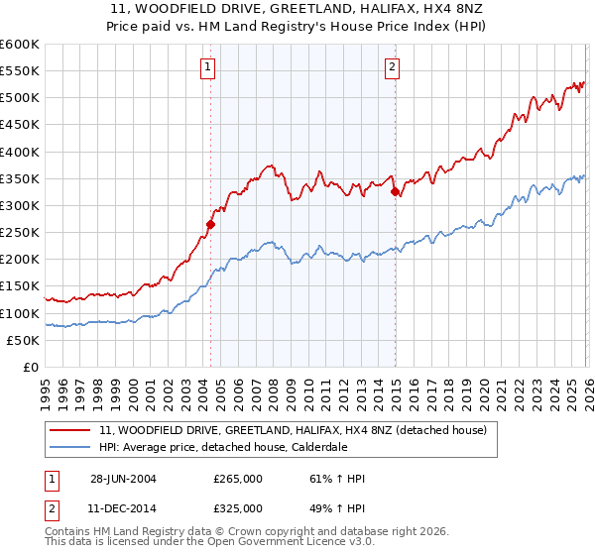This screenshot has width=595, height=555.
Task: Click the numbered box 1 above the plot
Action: [208, 67]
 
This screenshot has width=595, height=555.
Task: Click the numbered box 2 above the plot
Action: [393, 67]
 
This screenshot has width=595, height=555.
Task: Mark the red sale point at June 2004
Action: [210, 225]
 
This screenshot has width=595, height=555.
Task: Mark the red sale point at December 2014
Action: [395, 192]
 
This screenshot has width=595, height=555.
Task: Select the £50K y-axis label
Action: [24, 340]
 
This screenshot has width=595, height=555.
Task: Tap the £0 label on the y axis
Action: [30, 367]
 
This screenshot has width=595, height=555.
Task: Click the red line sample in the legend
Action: [69, 431]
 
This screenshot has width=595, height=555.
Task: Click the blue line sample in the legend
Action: [69, 447]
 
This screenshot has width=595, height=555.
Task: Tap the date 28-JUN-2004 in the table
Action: [122, 479]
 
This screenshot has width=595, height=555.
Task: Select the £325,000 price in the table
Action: [238, 507]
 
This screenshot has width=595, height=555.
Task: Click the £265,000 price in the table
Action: [238, 479]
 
